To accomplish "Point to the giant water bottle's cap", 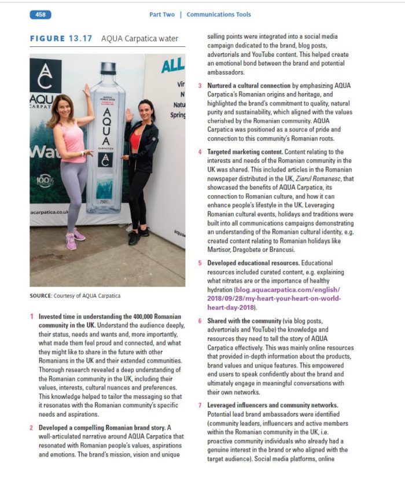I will [107, 68].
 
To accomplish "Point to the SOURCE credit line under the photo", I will [75, 296].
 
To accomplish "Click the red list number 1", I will [32, 317].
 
